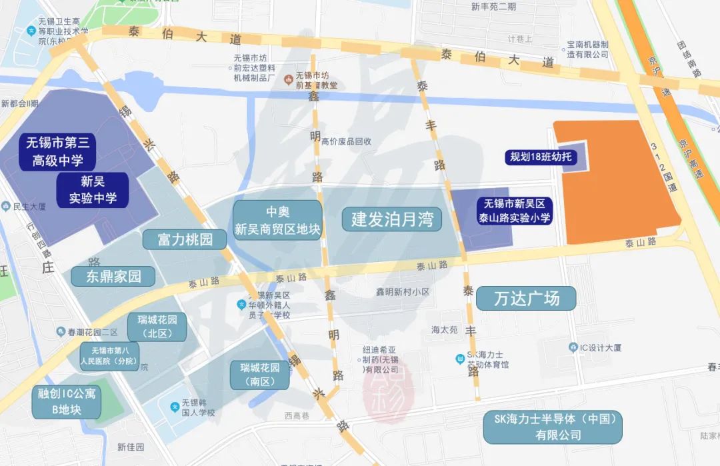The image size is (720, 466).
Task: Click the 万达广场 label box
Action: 526,298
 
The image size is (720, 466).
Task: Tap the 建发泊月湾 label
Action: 392,219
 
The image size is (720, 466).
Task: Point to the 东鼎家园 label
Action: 113,276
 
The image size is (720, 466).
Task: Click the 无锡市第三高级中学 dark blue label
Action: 58,151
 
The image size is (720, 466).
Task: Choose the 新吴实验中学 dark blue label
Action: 93,189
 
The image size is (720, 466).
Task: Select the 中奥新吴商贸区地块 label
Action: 277,221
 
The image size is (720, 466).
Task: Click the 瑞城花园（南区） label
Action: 260,375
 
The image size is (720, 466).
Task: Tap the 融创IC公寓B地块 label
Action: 67,401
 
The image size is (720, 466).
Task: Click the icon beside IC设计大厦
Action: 573,347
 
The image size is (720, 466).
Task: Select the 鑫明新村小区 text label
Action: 403,292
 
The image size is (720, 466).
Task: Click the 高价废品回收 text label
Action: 346,141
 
